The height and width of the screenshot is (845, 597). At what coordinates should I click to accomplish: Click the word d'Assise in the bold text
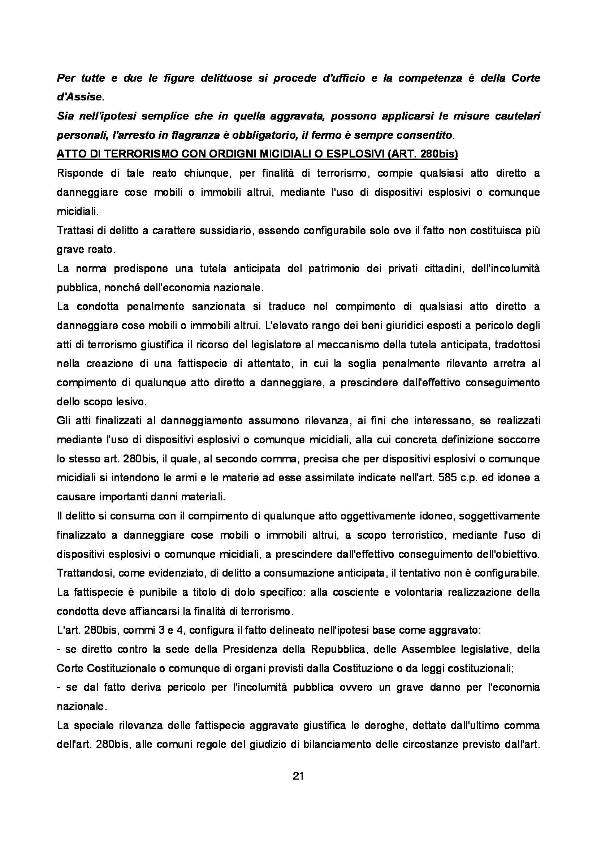coord(79,97)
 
